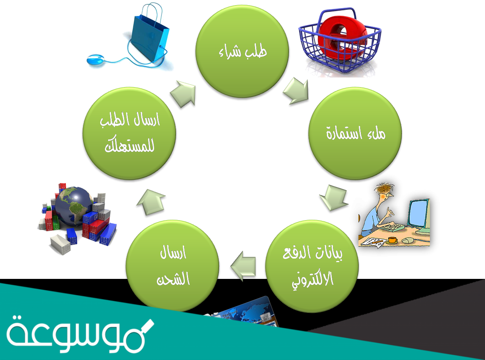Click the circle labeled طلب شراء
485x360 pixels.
pyautogui.click(x=242, y=51)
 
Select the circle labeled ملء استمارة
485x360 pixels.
pyautogui.click(x=355, y=133)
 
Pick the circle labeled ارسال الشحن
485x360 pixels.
pyautogui.click(x=172, y=266)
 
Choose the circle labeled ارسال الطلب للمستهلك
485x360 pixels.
pyautogui.click(x=129, y=133)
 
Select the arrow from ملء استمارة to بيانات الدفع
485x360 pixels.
pyautogui.click(x=334, y=197)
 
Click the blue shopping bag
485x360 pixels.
pyautogui.click(x=150, y=34)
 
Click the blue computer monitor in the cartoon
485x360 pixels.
pyautogui.click(x=418, y=214)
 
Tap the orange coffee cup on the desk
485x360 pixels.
pyautogui.click(x=392, y=240)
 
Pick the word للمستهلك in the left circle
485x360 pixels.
pyautogui.click(x=129, y=147)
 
